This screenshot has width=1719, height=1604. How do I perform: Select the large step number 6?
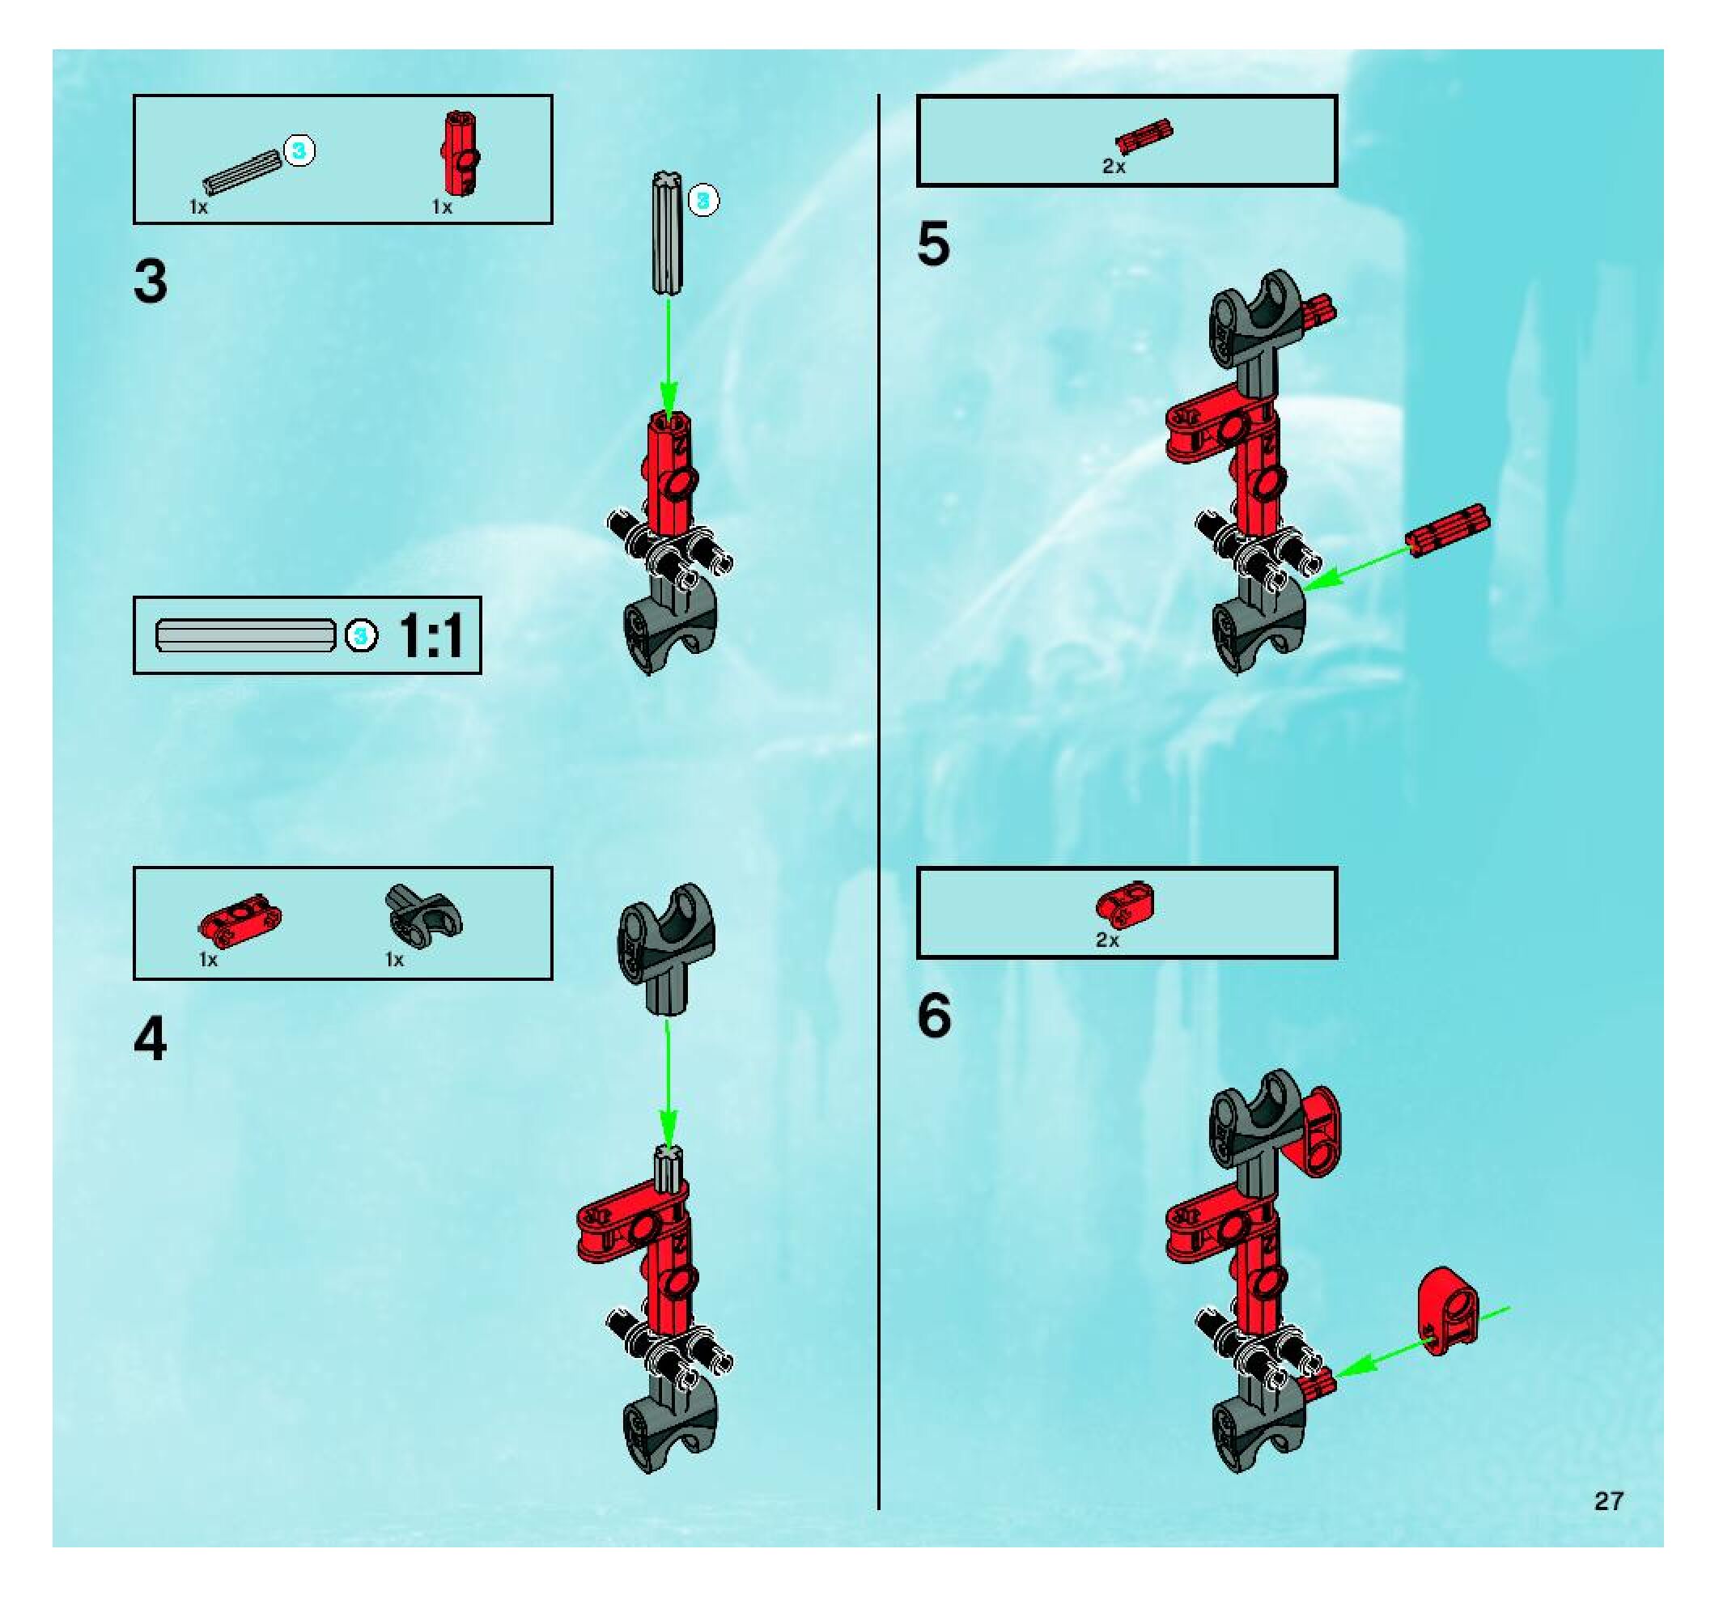(934, 1015)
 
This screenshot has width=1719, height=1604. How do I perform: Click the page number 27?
(1608, 1501)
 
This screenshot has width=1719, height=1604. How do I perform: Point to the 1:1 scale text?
(431, 635)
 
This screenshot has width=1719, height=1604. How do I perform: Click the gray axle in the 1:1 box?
(245, 634)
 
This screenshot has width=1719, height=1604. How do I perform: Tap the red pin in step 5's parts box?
(1143, 137)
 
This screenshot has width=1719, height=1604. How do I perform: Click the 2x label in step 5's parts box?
(1114, 167)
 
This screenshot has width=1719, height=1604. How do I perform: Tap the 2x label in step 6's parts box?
(1108, 940)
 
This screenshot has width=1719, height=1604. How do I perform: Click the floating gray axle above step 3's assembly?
(667, 232)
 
